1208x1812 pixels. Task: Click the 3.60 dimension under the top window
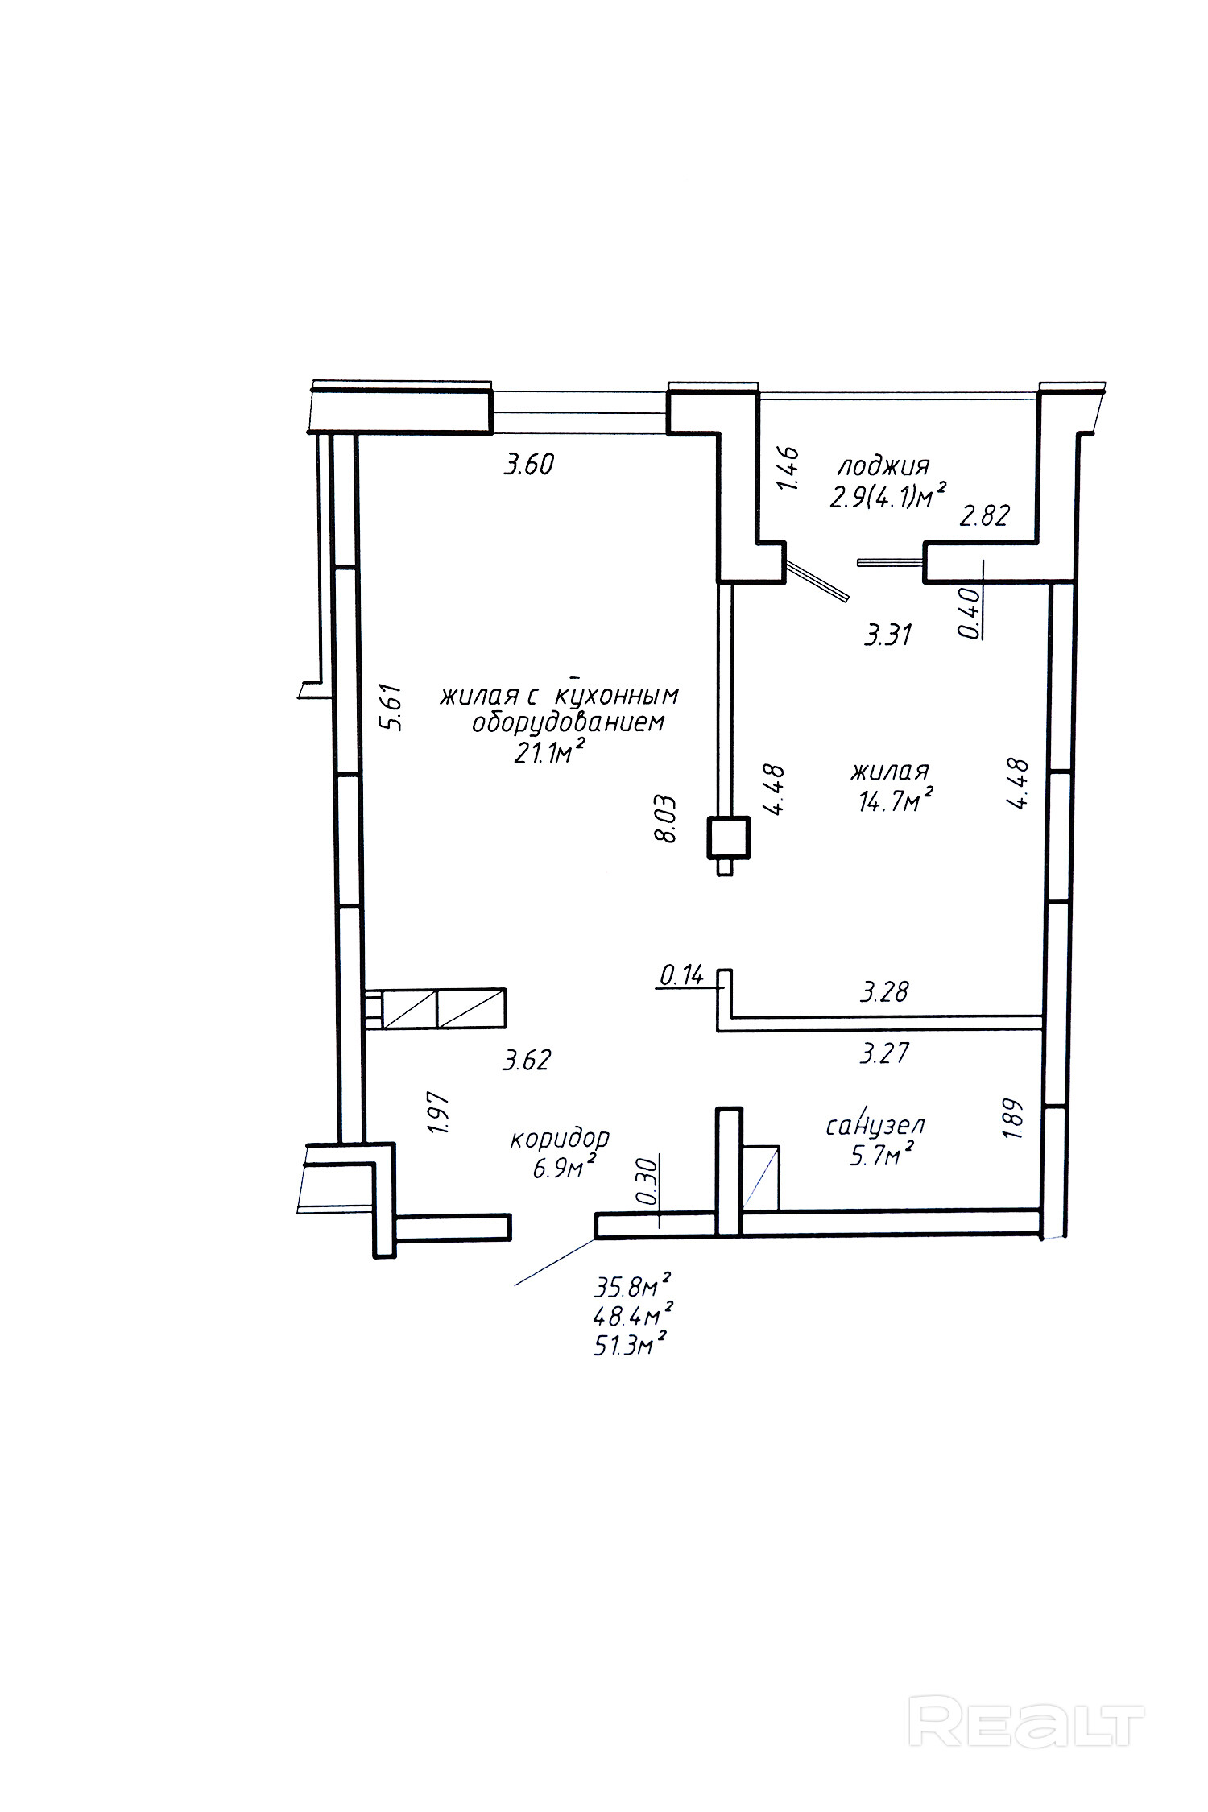pyautogui.click(x=529, y=465)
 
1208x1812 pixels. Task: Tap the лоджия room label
pyautogui.click(x=884, y=466)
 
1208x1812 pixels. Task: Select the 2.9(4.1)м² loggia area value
pyautogui.click(x=887, y=496)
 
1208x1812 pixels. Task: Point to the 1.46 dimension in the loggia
pyautogui.click(x=788, y=469)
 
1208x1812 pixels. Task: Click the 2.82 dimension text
pyautogui.click(x=985, y=515)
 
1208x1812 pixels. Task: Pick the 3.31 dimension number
pyautogui.click(x=887, y=635)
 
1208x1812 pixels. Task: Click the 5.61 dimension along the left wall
pyautogui.click(x=391, y=707)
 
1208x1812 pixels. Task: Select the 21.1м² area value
pyautogui.click(x=548, y=753)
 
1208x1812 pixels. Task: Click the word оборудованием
pyautogui.click(x=569, y=722)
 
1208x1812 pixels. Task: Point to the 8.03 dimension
pyautogui.click(x=666, y=819)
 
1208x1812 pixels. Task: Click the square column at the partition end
pyautogui.click(x=728, y=838)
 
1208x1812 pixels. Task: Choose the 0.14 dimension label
pyautogui.click(x=681, y=976)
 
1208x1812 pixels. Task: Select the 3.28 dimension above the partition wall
pyautogui.click(x=884, y=991)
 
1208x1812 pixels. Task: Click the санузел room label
pyautogui.click(x=875, y=1125)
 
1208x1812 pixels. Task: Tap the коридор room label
pyautogui.click(x=560, y=1139)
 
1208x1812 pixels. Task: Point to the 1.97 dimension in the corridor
pyautogui.click(x=439, y=1114)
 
